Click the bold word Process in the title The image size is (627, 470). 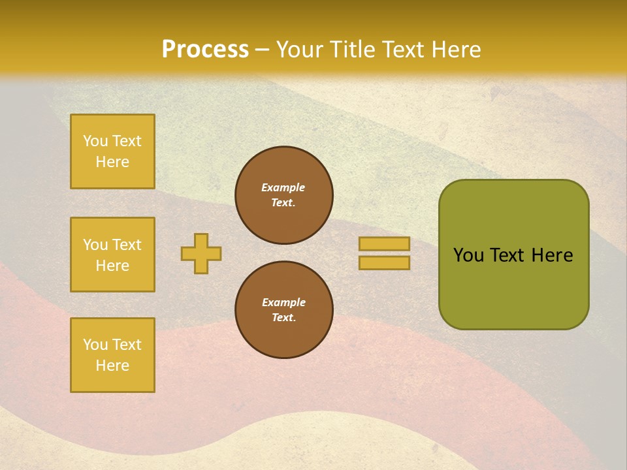point(205,50)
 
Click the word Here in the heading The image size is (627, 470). point(455,50)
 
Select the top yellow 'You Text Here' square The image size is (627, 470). point(112,151)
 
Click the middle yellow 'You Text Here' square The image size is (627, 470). point(112,255)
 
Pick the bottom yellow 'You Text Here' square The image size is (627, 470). point(112,355)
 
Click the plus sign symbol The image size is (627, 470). point(201,253)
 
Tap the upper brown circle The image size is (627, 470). point(284,195)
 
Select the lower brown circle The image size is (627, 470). point(284,310)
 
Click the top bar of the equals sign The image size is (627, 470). point(384,243)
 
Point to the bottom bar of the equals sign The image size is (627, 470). point(384,263)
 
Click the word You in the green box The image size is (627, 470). point(469,255)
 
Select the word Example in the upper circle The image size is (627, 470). point(283,187)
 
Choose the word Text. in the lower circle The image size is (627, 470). point(283,318)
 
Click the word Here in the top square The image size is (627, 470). point(112,162)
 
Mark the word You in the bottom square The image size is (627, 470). point(95,345)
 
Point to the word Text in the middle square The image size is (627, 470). point(127,245)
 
